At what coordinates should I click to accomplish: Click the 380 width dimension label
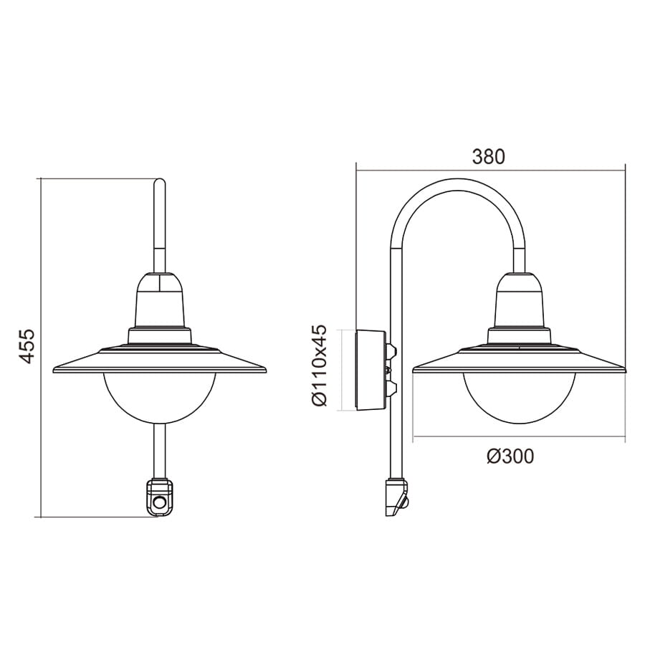coord(488,157)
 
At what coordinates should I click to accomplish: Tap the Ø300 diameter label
coord(510,457)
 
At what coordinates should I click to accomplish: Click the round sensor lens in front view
coord(159,502)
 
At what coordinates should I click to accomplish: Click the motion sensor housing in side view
coord(397,497)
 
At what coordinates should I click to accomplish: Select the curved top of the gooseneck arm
coord(457,184)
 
